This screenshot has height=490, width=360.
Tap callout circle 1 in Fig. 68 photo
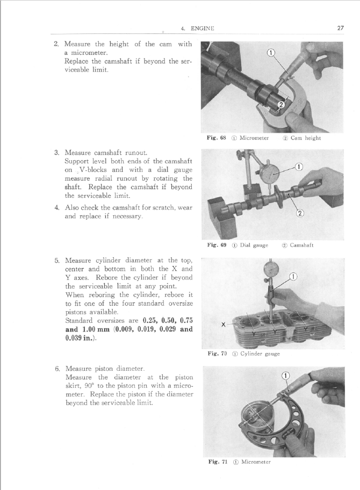pos(271,53)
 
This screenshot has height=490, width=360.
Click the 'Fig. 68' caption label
pos(217,138)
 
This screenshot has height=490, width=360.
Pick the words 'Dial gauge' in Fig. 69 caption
pos(253,246)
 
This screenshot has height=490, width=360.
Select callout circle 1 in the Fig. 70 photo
pos(293,277)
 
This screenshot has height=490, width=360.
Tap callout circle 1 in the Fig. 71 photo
pos(286,376)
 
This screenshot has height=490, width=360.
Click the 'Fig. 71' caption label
pos(217,462)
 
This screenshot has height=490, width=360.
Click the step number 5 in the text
pos(57,262)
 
